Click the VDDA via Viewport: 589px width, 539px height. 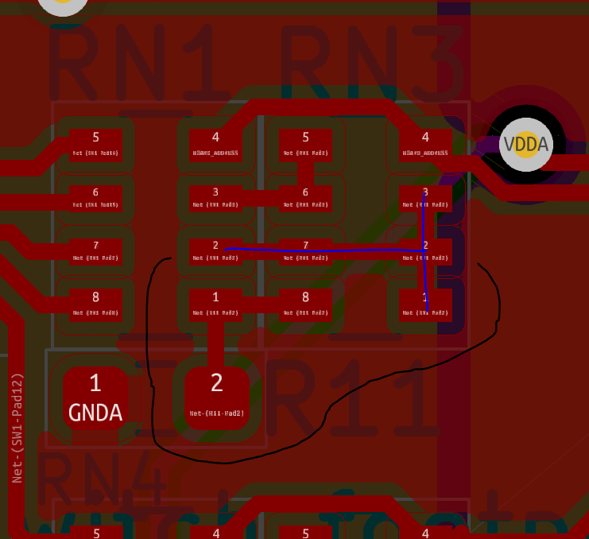(525, 145)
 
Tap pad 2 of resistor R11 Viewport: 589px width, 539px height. (216, 396)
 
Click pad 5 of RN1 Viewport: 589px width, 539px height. (95, 144)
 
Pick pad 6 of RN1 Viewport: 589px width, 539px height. (95, 198)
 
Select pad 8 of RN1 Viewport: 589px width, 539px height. (95, 303)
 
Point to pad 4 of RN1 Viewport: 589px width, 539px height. (215, 144)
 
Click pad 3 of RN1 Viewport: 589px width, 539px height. (215, 198)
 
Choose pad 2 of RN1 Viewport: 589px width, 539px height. (215, 250)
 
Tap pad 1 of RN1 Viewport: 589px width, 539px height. (215, 303)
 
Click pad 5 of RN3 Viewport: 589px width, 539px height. (305, 144)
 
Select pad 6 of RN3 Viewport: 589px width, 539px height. (305, 198)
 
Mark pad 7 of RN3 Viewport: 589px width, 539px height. (305, 250)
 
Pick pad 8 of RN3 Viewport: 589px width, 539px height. (305, 303)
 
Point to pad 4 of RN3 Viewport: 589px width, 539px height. (425, 144)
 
